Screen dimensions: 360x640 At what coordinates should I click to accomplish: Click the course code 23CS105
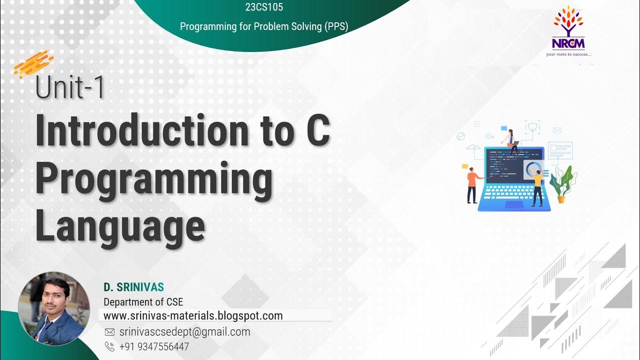pos(264,7)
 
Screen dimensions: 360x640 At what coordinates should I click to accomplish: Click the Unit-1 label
pos(70,88)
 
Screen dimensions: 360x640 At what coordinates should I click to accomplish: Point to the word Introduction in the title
pos(142,131)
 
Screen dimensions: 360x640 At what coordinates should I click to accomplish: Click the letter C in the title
pos(317,131)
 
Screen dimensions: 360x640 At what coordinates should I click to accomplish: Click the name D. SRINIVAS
pos(133,287)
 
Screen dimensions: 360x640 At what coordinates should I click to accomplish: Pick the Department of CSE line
pos(143,302)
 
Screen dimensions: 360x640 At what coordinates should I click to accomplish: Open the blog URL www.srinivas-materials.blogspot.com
pos(193,315)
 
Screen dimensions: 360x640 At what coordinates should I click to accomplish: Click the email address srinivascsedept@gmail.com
pos(184,331)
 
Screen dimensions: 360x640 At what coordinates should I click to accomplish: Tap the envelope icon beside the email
pos(109,332)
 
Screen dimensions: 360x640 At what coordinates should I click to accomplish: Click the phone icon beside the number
pos(109,346)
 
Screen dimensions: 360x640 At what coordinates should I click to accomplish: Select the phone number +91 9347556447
pos(154,346)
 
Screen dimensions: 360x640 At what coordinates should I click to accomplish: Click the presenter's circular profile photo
pos(53,309)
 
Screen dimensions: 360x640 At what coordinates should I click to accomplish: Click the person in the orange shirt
pos(472,184)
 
